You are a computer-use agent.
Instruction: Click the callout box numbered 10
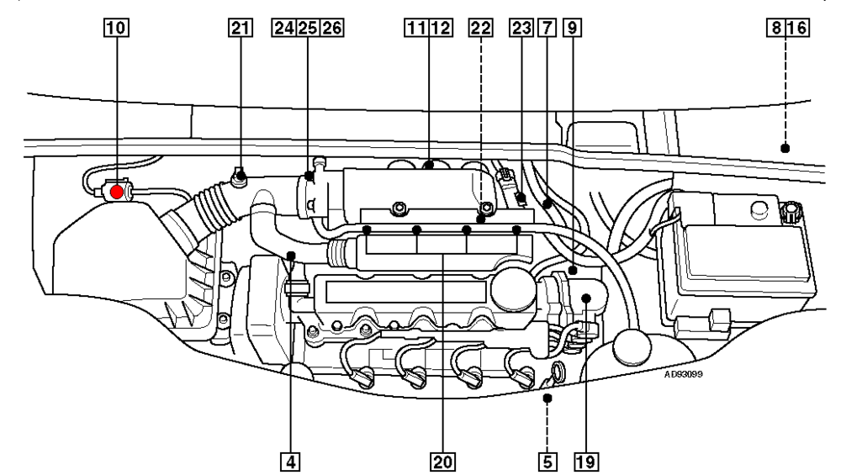(x=118, y=27)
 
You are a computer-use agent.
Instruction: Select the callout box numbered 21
(x=240, y=27)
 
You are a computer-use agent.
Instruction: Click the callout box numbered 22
(x=480, y=27)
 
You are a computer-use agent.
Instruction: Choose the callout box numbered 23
(x=521, y=27)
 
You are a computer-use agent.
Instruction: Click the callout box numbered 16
(x=796, y=27)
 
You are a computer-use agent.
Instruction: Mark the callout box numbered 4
(x=290, y=461)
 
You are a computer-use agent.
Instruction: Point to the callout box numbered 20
(x=442, y=461)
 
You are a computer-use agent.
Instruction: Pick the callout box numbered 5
(x=547, y=461)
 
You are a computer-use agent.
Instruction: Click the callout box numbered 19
(x=585, y=461)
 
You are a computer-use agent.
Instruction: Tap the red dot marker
(x=117, y=192)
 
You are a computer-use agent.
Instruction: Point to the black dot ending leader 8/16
(x=785, y=148)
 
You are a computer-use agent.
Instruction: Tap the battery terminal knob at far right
(x=790, y=212)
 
